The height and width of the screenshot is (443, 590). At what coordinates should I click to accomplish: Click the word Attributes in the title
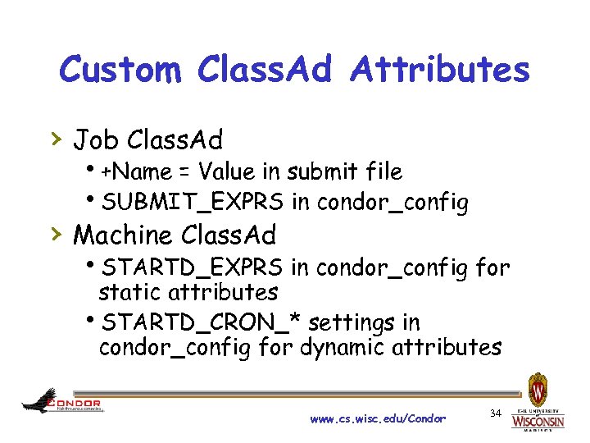[x=440, y=71]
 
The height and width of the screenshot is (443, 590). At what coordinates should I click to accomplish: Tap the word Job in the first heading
[x=95, y=140]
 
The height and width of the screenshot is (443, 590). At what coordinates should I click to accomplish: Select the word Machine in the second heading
[x=123, y=235]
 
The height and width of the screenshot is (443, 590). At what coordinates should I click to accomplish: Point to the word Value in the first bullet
[x=226, y=171]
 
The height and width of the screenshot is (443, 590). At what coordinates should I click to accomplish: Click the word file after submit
[x=383, y=171]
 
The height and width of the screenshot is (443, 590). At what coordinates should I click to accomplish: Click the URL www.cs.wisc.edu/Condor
[x=378, y=418]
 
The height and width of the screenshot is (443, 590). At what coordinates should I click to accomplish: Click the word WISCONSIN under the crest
[x=538, y=422]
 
